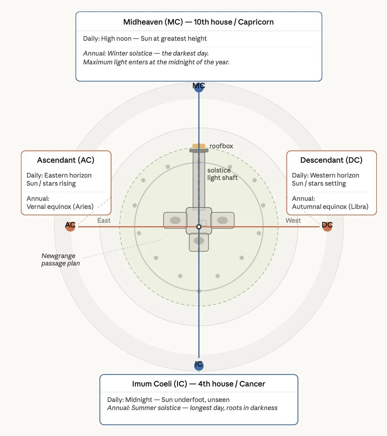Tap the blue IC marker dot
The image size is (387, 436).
tap(199, 365)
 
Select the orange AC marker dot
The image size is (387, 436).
tap(70, 226)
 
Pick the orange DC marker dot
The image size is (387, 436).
tap(327, 226)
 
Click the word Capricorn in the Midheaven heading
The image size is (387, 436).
tap(256, 22)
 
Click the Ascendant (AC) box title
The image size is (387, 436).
tap(66, 160)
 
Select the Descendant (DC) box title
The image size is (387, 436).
tap(331, 160)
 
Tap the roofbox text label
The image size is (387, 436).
tap(221, 146)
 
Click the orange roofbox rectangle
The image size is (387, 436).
tap(199, 146)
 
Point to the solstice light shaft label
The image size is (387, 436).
tap(222, 174)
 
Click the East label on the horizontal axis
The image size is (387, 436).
tap(104, 220)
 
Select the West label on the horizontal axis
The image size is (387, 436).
tap(293, 220)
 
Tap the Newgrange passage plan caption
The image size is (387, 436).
tap(60, 259)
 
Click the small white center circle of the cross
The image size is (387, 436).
tap(199, 227)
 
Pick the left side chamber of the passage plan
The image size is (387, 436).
tap(175, 220)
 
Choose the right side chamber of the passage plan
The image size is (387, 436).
tap(222, 220)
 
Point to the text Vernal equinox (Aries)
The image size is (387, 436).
tap(60, 207)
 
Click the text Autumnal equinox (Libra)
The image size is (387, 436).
tap(330, 207)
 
